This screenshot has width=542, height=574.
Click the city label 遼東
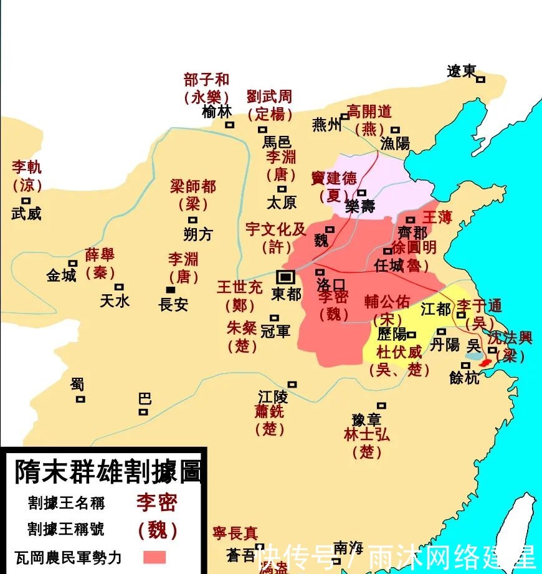point(462,71)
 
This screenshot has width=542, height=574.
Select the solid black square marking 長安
point(170,290)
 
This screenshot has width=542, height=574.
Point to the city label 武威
point(26,214)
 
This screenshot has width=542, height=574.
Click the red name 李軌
point(26,167)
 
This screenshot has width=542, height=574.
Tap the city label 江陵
point(273,396)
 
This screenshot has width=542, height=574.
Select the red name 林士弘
point(367,434)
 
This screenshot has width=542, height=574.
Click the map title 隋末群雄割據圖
point(108,472)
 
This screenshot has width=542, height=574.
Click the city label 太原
point(282,203)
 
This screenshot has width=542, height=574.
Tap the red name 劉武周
point(269,97)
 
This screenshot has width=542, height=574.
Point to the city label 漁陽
point(396,143)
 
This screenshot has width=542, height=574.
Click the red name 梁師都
point(193,186)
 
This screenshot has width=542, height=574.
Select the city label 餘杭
point(465,377)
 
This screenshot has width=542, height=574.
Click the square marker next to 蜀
point(80,399)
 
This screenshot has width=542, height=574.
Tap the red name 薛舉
point(100,255)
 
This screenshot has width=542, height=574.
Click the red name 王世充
point(240,288)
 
